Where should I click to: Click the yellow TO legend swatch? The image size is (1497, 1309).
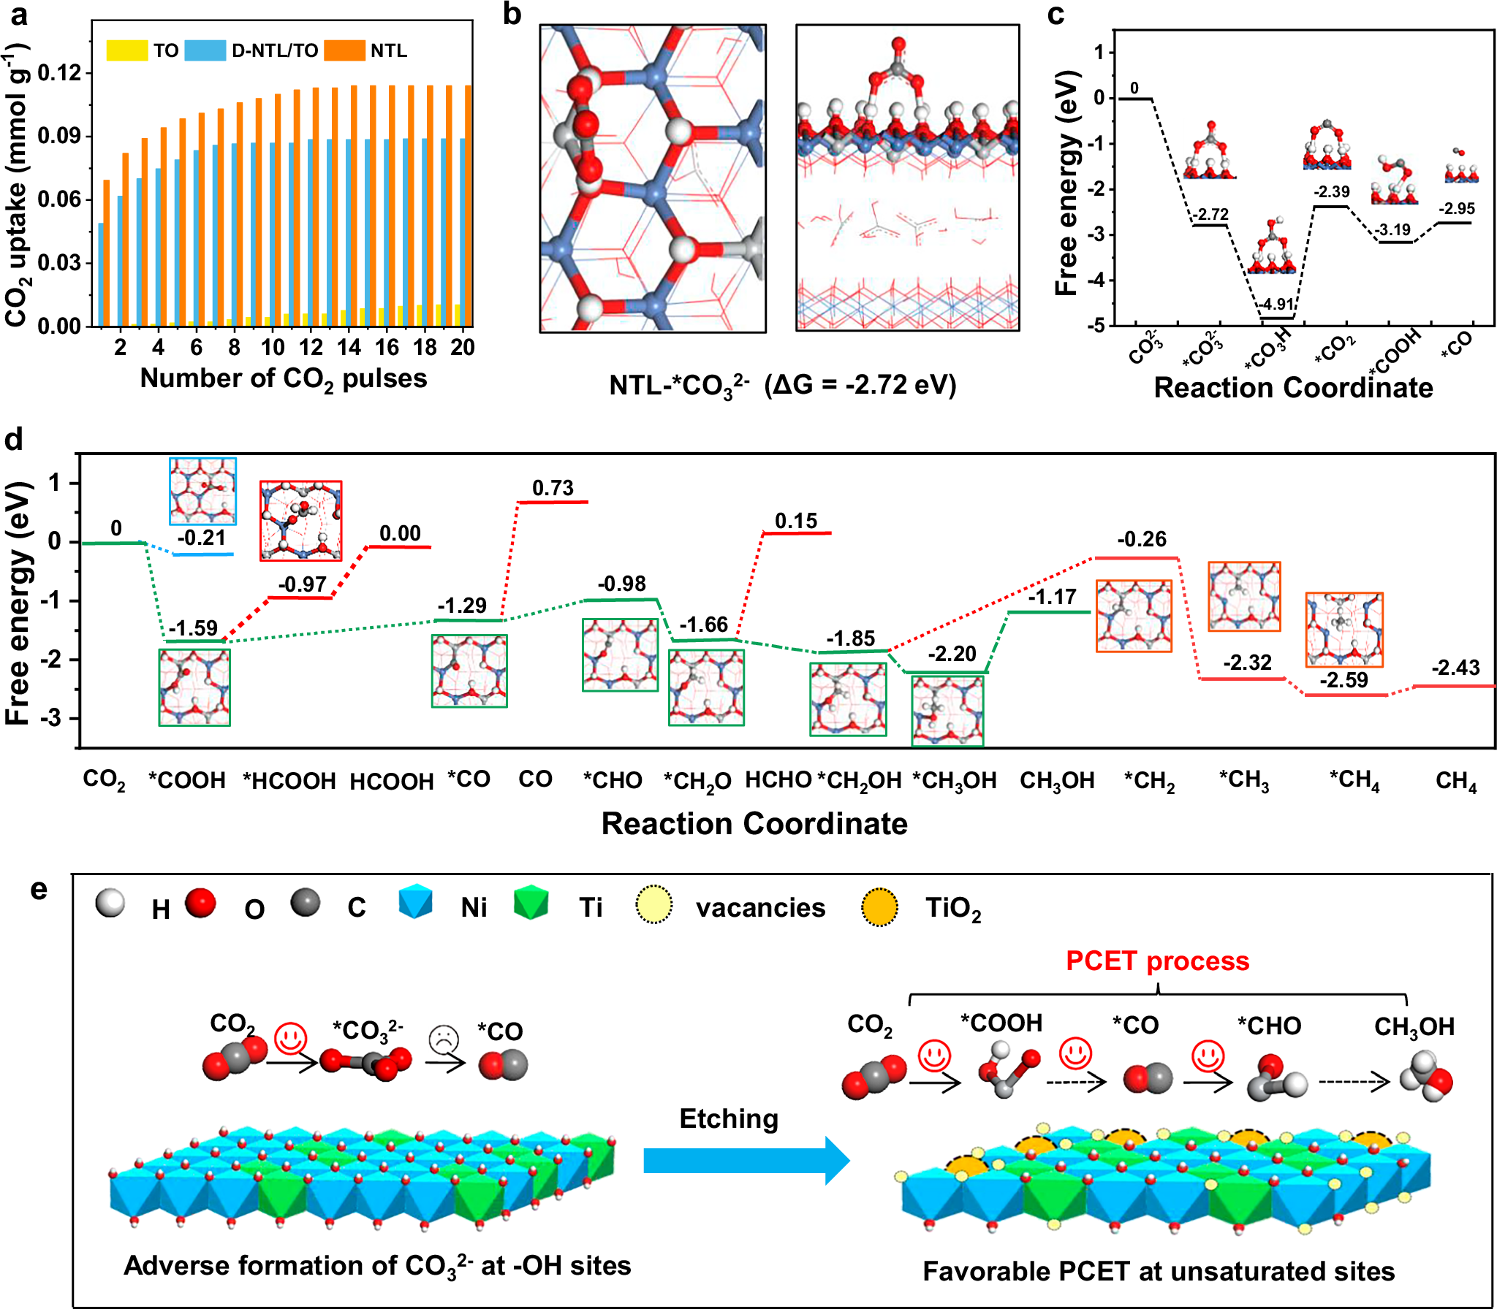126,50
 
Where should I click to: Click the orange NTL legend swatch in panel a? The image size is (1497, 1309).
344,50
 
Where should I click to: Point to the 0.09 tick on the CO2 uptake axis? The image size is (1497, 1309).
59,137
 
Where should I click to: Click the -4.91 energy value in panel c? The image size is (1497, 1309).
1276,305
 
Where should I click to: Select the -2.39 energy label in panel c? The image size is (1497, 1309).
1331,192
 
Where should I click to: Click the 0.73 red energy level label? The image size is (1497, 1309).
553,488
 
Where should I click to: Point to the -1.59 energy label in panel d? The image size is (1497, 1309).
193,628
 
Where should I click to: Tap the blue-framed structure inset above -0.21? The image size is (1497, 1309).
202,491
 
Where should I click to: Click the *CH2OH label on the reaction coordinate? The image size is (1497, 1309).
859,781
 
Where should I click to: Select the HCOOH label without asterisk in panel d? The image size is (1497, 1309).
392,782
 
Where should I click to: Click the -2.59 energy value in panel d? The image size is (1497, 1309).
1343,680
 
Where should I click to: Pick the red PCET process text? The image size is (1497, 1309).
1157,961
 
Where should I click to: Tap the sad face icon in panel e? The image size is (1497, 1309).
444,1039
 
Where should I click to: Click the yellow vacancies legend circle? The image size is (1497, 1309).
653,906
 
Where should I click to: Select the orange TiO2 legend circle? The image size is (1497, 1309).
879,907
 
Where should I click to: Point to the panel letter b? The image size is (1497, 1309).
512,15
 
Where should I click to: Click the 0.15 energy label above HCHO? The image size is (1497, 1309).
796,521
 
